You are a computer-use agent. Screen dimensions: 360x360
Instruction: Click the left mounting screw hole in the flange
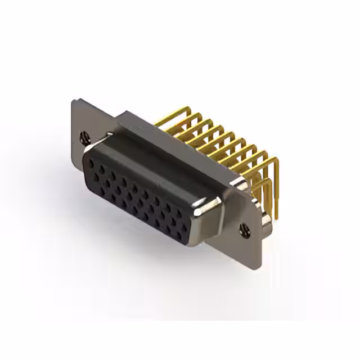[85, 136]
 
